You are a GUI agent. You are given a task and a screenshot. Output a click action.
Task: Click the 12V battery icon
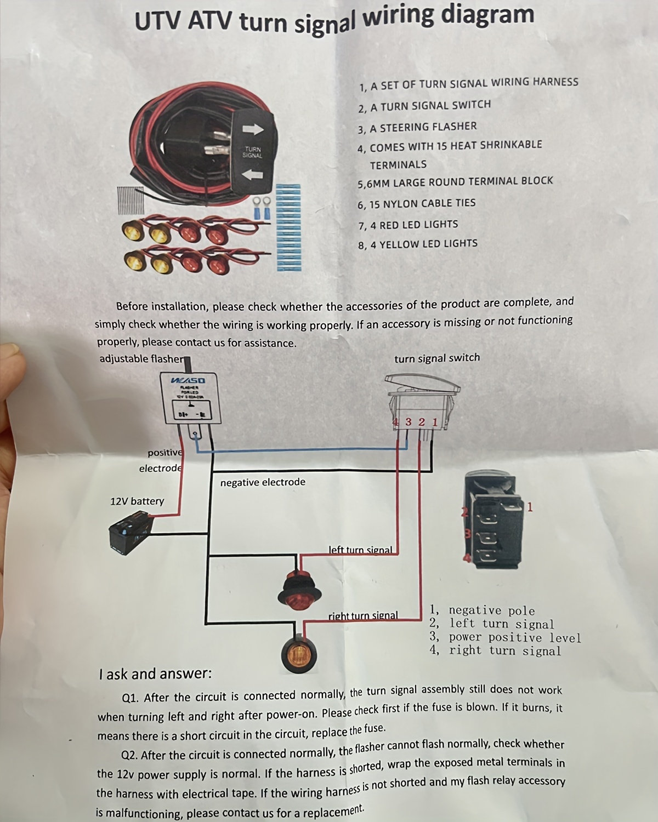(x=130, y=530)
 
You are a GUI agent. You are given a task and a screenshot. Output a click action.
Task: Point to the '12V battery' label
(x=137, y=501)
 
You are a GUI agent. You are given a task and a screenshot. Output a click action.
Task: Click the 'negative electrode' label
(x=263, y=482)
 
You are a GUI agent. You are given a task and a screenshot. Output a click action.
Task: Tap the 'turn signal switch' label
(x=437, y=358)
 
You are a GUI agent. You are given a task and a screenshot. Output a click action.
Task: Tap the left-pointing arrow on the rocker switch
(x=253, y=175)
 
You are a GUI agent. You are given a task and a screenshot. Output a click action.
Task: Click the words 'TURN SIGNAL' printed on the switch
(x=252, y=152)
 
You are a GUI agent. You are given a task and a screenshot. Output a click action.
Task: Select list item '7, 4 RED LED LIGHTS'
(x=408, y=225)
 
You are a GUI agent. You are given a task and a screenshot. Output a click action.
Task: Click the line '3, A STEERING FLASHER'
(x=417, y=127)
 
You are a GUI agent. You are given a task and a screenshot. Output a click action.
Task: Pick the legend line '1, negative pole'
(x=482, y=610)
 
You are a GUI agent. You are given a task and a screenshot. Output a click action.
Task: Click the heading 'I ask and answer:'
(x=155, y=673)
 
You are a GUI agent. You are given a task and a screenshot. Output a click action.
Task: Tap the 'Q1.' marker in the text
(x=131, y=698)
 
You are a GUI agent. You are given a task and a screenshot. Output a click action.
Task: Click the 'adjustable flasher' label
(x=141, y=359)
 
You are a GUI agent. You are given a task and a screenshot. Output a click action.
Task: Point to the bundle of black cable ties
(x=131, y=200)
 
